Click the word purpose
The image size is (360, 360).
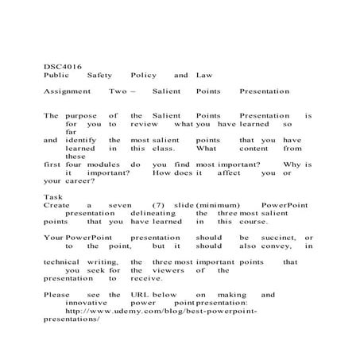[x=80, y=115]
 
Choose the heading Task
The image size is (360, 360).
[x=52, y=196]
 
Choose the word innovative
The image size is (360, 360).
[x=89, y=302]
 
